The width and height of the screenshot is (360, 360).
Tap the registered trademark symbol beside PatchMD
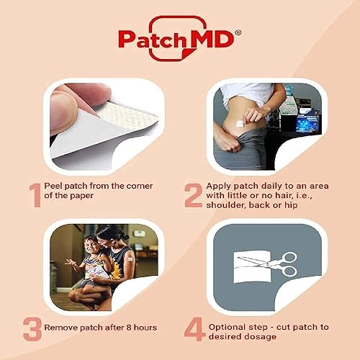pos(239,31)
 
